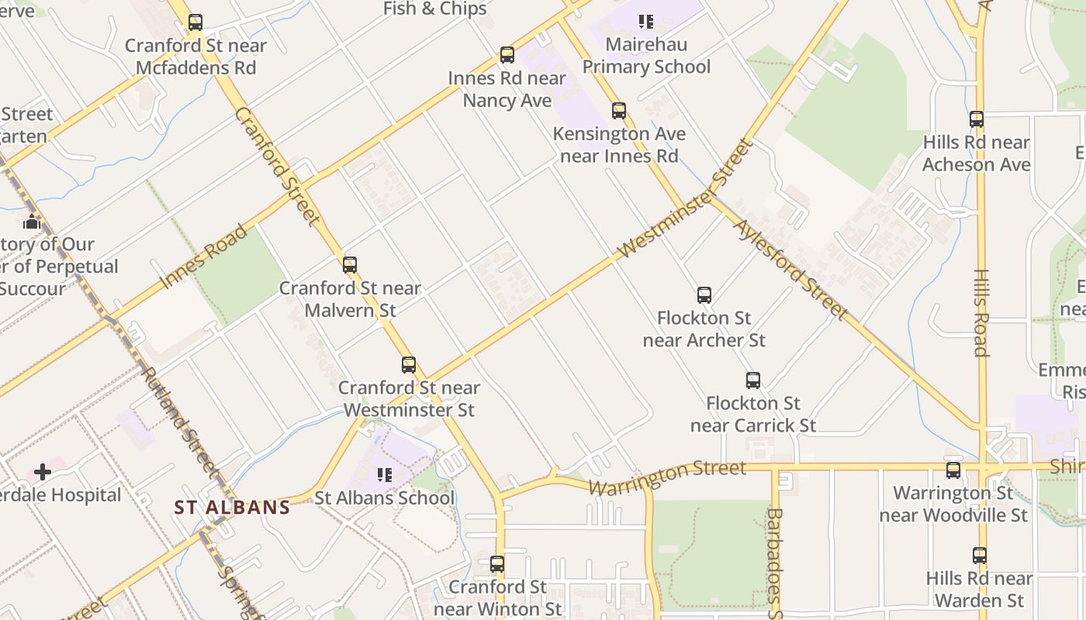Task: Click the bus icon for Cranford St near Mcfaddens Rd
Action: click(195, 22)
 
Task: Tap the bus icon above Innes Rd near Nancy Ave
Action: click(507, 55)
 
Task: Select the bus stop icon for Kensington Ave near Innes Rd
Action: click(619, 111)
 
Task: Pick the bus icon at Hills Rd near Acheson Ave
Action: click(977, 119)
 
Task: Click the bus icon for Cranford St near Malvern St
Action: click(350, 265)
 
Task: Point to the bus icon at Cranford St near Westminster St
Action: click(409, 364)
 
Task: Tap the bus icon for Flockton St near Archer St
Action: click(704, 295)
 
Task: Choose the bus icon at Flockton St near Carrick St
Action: click(753, 381)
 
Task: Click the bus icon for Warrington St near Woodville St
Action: click(953, 470)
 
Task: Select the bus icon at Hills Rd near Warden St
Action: click(980, 556)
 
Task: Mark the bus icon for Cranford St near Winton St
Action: click(497, 564)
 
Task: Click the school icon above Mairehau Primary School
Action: click(646, 22)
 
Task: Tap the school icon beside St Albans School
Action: click(384, 474)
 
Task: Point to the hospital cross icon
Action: click(43, 471)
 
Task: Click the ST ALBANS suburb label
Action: click(232, 508)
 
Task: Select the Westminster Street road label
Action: click(686, 199)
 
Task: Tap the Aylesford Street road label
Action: click(790, 269)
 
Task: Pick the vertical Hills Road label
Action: click(981, 313)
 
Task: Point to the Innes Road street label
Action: click(205, 257)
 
